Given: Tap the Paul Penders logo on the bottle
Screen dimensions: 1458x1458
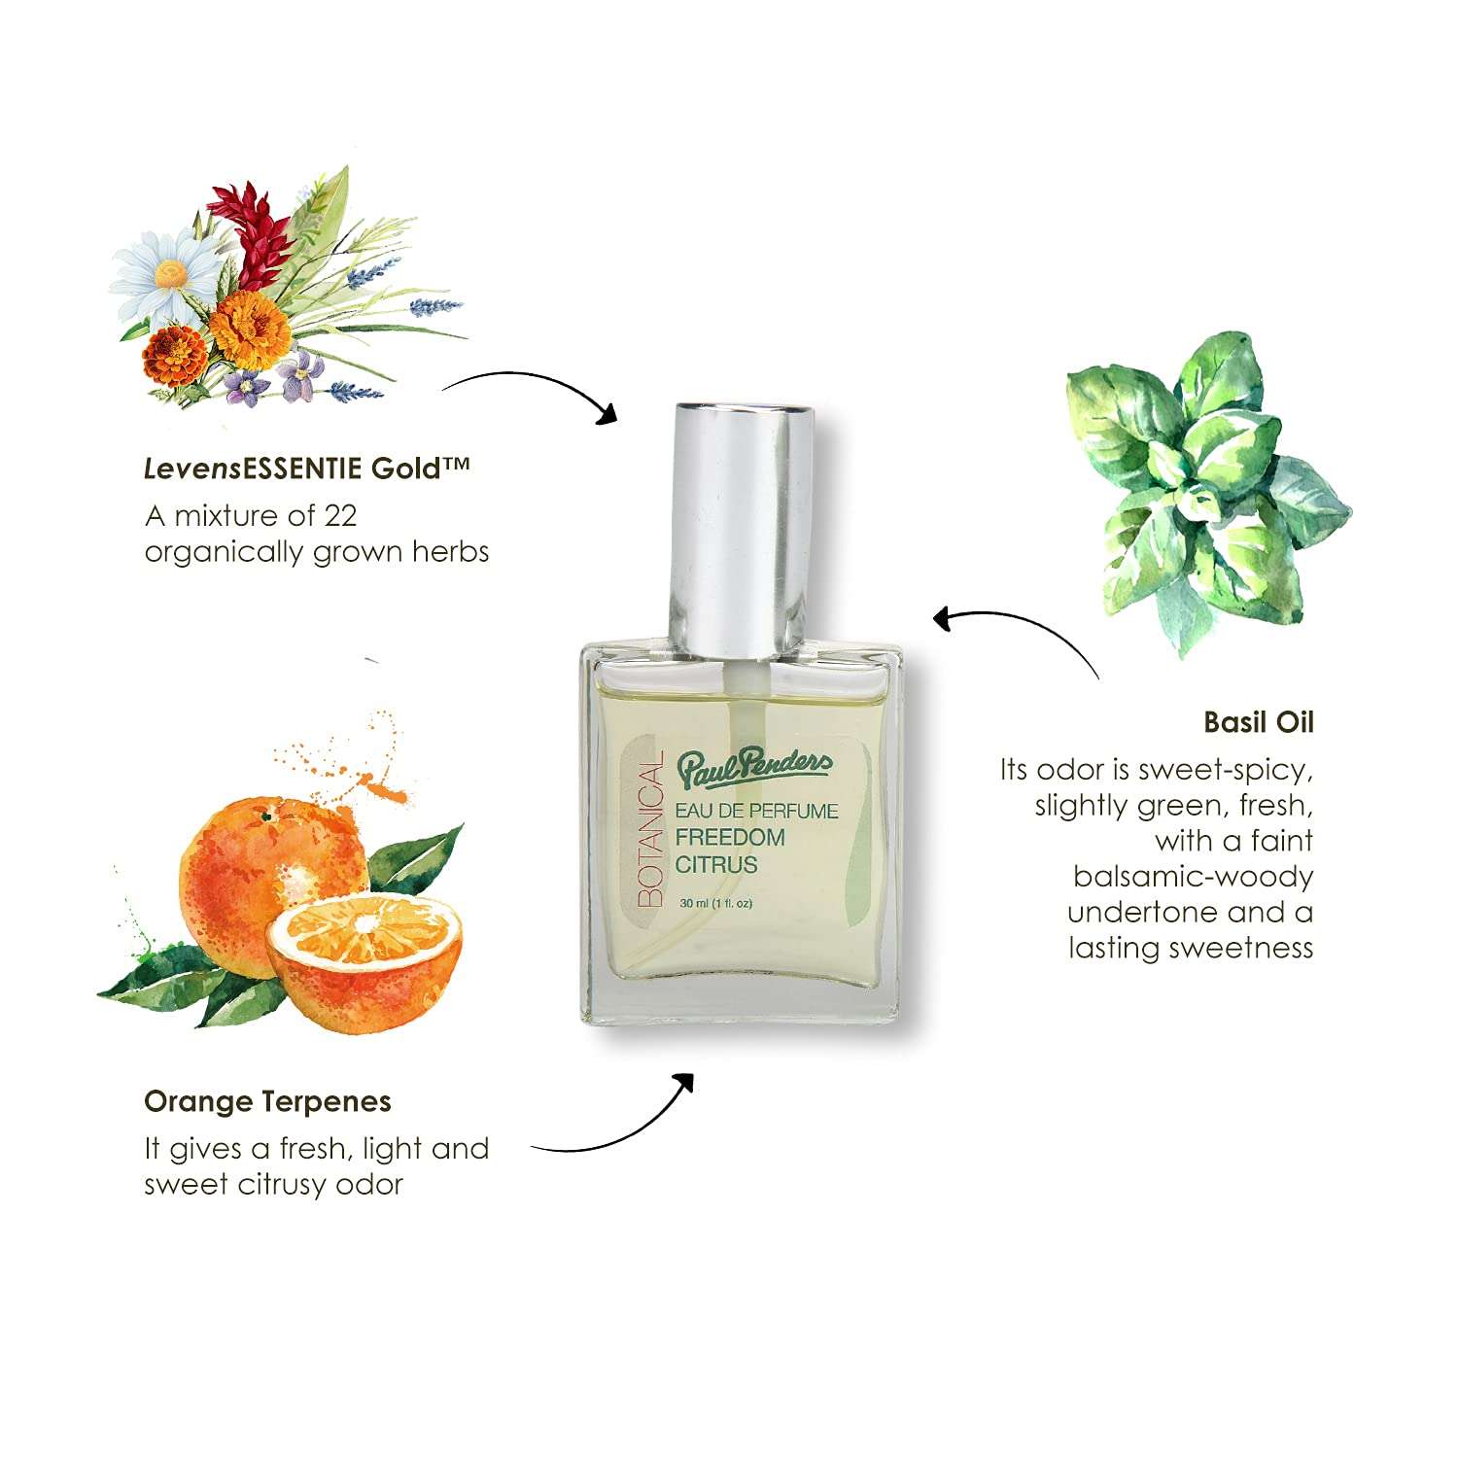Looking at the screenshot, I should pos(755,768).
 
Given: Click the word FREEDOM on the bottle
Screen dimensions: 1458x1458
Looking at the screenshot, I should pos(730,838).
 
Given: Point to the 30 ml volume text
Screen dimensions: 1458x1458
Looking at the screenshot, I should pos(716,903).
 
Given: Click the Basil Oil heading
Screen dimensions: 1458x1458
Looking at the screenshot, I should pos(1258,722).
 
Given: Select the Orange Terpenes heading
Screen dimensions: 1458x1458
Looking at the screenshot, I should pos(267,1101).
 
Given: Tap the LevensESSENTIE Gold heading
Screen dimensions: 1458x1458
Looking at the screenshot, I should pos(306,469).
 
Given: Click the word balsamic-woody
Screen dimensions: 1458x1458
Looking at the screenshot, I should pos(1193,877).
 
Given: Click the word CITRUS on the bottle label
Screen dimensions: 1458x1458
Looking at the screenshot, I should pos(716,864).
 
